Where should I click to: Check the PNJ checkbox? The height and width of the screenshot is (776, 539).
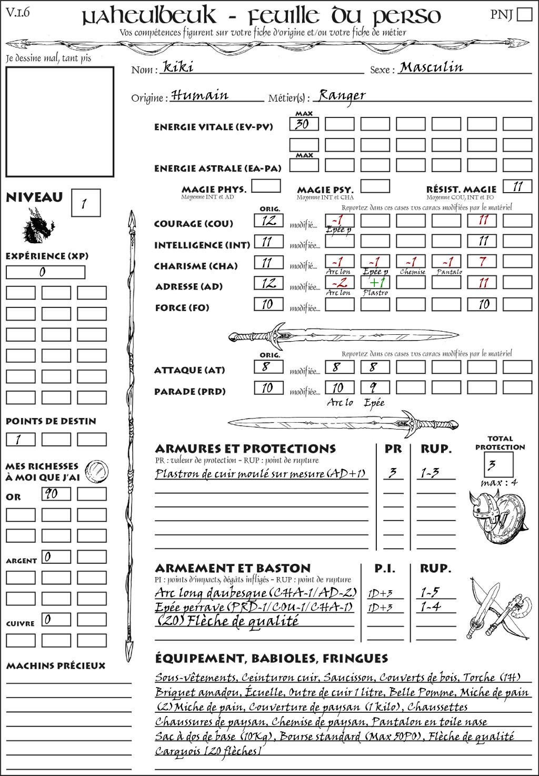[524, 14]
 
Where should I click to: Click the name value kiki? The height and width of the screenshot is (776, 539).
[178, 67]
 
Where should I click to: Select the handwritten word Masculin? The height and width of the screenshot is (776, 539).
[431, 67]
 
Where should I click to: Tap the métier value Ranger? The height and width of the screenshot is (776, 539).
[342, 95]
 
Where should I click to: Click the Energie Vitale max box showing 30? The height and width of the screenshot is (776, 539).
[304, 124]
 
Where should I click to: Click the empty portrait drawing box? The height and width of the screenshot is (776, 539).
[59, 122]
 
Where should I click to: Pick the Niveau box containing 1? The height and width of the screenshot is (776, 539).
[85, 203]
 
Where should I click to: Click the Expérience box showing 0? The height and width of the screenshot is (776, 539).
[45, 272]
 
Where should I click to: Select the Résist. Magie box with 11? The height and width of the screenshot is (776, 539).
[517, 186]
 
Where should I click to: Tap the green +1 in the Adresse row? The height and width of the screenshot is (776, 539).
[376, 282]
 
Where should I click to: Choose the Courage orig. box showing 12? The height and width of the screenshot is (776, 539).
[268, 221]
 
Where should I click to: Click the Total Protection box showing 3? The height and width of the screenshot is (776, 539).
[498, 464]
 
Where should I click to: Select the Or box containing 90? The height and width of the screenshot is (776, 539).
[56, 494]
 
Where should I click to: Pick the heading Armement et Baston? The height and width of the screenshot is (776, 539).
[233, 568]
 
